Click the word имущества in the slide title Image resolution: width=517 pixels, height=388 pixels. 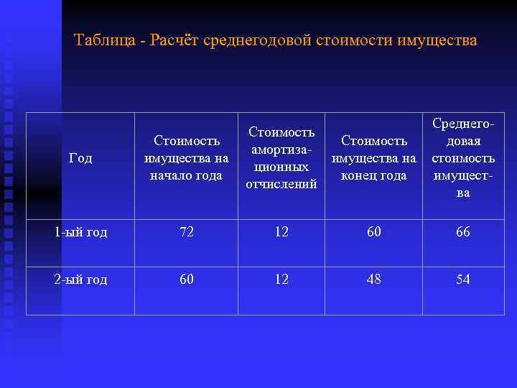point(435,40)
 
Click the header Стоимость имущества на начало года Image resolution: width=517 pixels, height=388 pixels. point(187,158)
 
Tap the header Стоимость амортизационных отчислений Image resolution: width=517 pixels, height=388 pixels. point(281,158)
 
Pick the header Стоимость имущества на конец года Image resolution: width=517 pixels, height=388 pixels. point(373,158)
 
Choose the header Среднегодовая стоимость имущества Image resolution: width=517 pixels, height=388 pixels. point(463,158)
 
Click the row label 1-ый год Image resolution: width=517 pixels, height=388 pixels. point(80,232)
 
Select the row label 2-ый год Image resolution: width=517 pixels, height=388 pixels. point(80,280)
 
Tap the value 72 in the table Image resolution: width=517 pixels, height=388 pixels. point(187,232)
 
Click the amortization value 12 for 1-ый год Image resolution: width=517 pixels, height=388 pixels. point(281,232)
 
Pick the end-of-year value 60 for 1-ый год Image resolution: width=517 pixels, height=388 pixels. point(373,232)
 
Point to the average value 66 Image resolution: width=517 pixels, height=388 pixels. point(463,232)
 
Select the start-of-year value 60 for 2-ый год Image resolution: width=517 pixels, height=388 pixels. point(187,280)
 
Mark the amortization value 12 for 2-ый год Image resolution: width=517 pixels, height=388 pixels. point(281,280)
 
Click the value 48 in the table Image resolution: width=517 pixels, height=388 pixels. point(373,280)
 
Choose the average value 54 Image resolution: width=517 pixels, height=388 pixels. point(463,280)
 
